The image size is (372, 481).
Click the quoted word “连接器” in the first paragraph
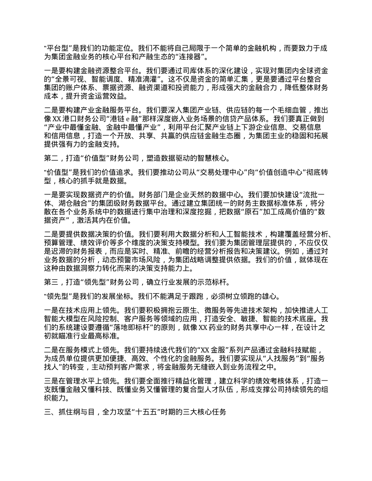tap(190, 57)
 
